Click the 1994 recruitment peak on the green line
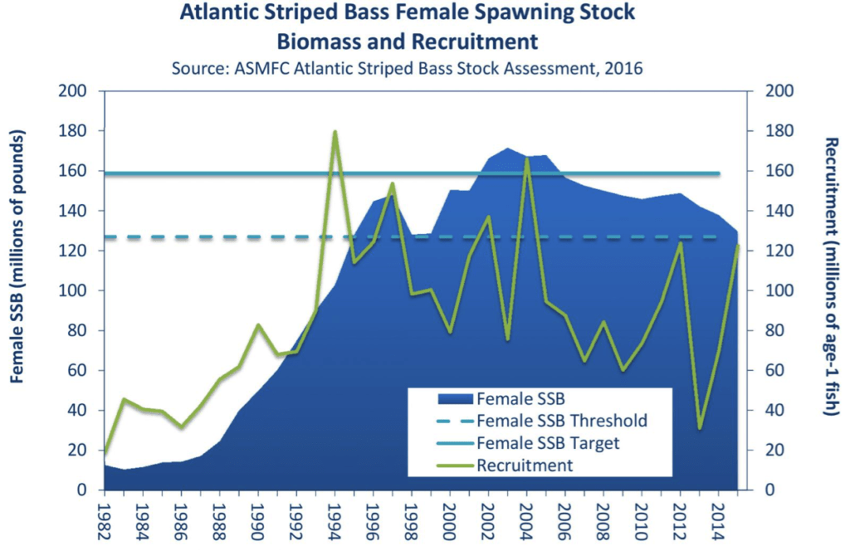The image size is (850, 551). [335, 132]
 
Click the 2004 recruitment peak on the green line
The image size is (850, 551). [526, 158]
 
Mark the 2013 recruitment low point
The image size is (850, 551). [700, 428]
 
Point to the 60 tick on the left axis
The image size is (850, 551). [80, 371]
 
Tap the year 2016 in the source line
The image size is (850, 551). [624, 68]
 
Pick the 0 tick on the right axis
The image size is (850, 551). [768, 490]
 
